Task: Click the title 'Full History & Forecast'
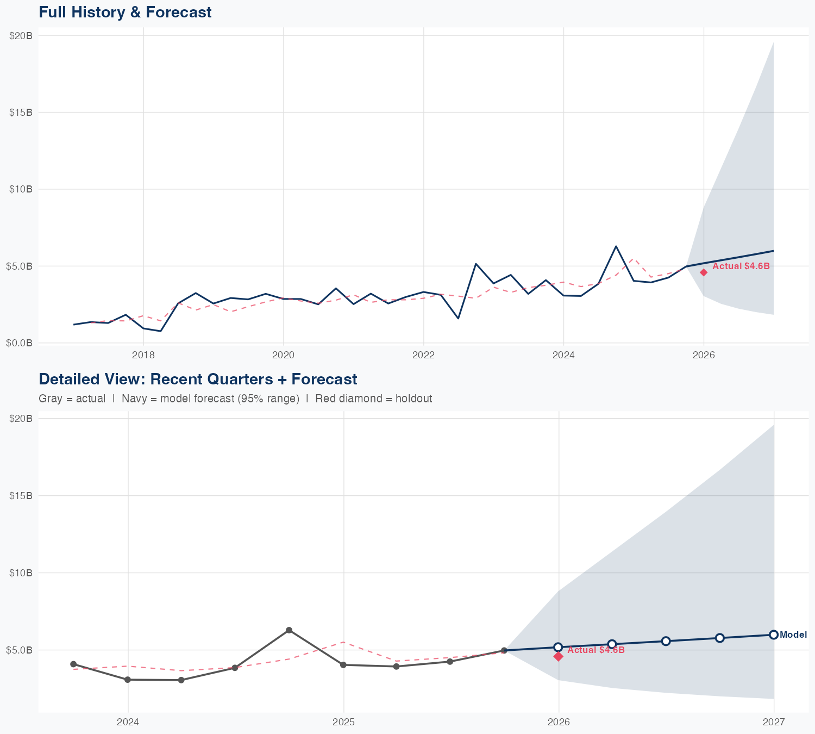coord(125,12)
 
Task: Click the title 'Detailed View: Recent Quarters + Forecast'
coord(198,379)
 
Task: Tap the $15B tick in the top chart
coord(21,113)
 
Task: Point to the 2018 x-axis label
coord(143,355)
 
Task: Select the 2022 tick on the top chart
coord(423,355)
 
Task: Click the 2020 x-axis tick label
coord(283,355)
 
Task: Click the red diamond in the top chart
coord(704,272)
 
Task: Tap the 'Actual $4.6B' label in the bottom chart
coord(596,650)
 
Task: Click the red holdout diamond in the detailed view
coord(559,657)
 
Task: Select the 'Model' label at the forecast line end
coord(793,635)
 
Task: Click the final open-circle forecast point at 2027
coord(774,635)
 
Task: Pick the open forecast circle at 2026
coord(558,647)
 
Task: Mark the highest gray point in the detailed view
coord(289,630)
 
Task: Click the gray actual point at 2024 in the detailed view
coord(128,680)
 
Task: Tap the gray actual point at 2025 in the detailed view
coord(343,665)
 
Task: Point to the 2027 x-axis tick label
coord(774,723)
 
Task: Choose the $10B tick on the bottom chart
coord(21,573)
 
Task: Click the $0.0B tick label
coord(21,343)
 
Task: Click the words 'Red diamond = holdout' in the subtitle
coord(373,399)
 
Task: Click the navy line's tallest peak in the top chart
coord(616,246)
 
